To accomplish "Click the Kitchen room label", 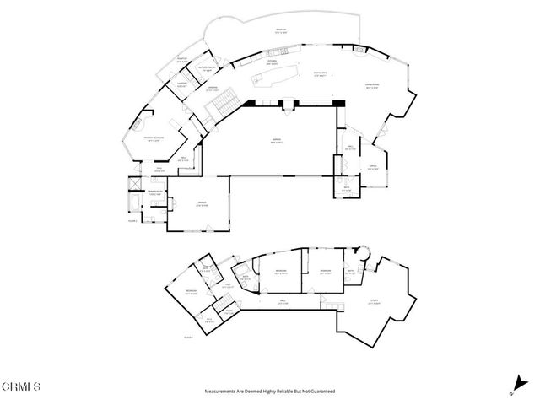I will [x=273, y=62].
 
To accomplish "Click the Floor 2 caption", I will [x=132, y=218].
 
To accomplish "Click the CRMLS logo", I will [x=21, y=387].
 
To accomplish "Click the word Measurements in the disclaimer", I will [x=222, y=391].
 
